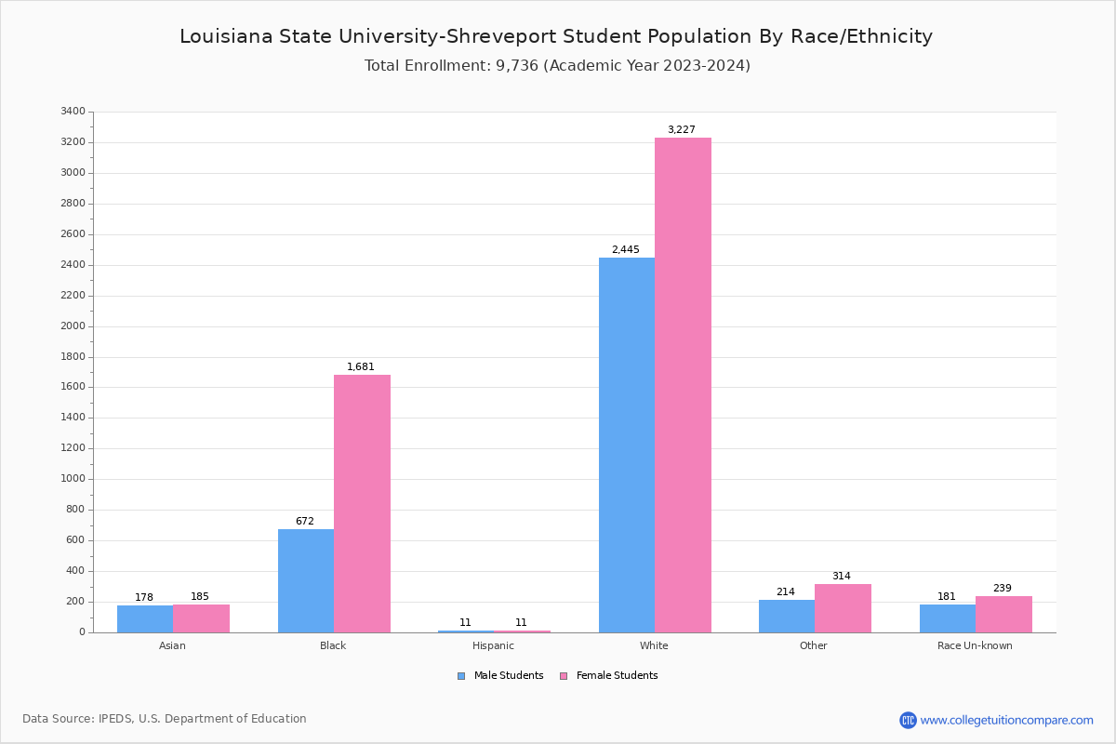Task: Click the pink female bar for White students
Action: click(683, 385)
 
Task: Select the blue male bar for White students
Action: click(627, 445)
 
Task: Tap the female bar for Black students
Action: click(362, 503)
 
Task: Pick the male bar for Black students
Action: click(306, 580)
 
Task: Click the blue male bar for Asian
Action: click(145, 618)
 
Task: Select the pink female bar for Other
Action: click(843, 608)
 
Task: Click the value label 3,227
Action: click(681, 130)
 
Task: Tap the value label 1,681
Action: click(361, 367)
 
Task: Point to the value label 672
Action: click(305, 522)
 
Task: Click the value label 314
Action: click(842, 577)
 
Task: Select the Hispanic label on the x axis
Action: click(493, 645)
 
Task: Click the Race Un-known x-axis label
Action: click(975, 645)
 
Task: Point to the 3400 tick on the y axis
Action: click(73, 112)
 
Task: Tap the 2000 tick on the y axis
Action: click(73, 326)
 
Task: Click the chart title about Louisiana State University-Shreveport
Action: click(556, 36)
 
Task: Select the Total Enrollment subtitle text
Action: click(557, 66)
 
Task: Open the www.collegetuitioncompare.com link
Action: click(1006, 720)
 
